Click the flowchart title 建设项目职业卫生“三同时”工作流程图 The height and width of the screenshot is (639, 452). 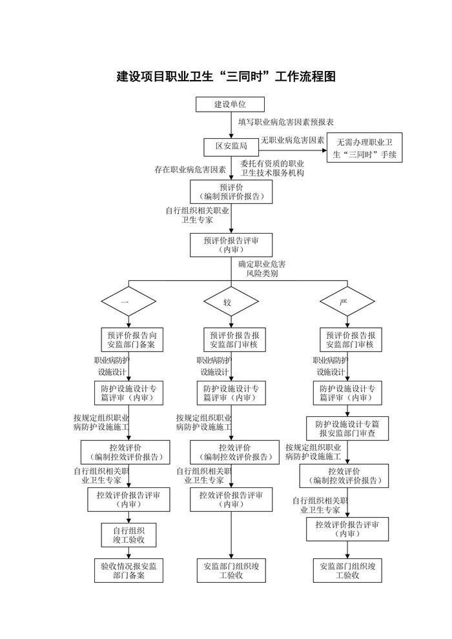(226, 76)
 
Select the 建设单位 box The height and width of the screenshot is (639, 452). (231, 104)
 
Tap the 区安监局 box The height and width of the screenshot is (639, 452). (231, 147)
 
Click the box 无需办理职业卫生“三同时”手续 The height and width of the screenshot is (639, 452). (365, 148)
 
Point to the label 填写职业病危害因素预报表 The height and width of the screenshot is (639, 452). (285, 121)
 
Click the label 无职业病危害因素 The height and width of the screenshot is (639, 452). (293, 140)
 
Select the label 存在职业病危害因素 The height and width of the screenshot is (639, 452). (190, 170)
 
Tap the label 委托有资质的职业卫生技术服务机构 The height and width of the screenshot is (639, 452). (272, 168)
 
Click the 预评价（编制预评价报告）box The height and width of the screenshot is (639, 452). (231, 191)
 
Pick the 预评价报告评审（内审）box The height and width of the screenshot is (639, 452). (231, 245)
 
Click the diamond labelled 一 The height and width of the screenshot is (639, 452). (128, 302)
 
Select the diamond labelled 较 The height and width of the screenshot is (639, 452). (231, 302)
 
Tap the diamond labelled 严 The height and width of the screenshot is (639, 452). (347, 302)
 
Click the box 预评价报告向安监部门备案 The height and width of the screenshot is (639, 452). (131, 340)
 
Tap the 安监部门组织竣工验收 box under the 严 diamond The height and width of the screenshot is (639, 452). (347, 571)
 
